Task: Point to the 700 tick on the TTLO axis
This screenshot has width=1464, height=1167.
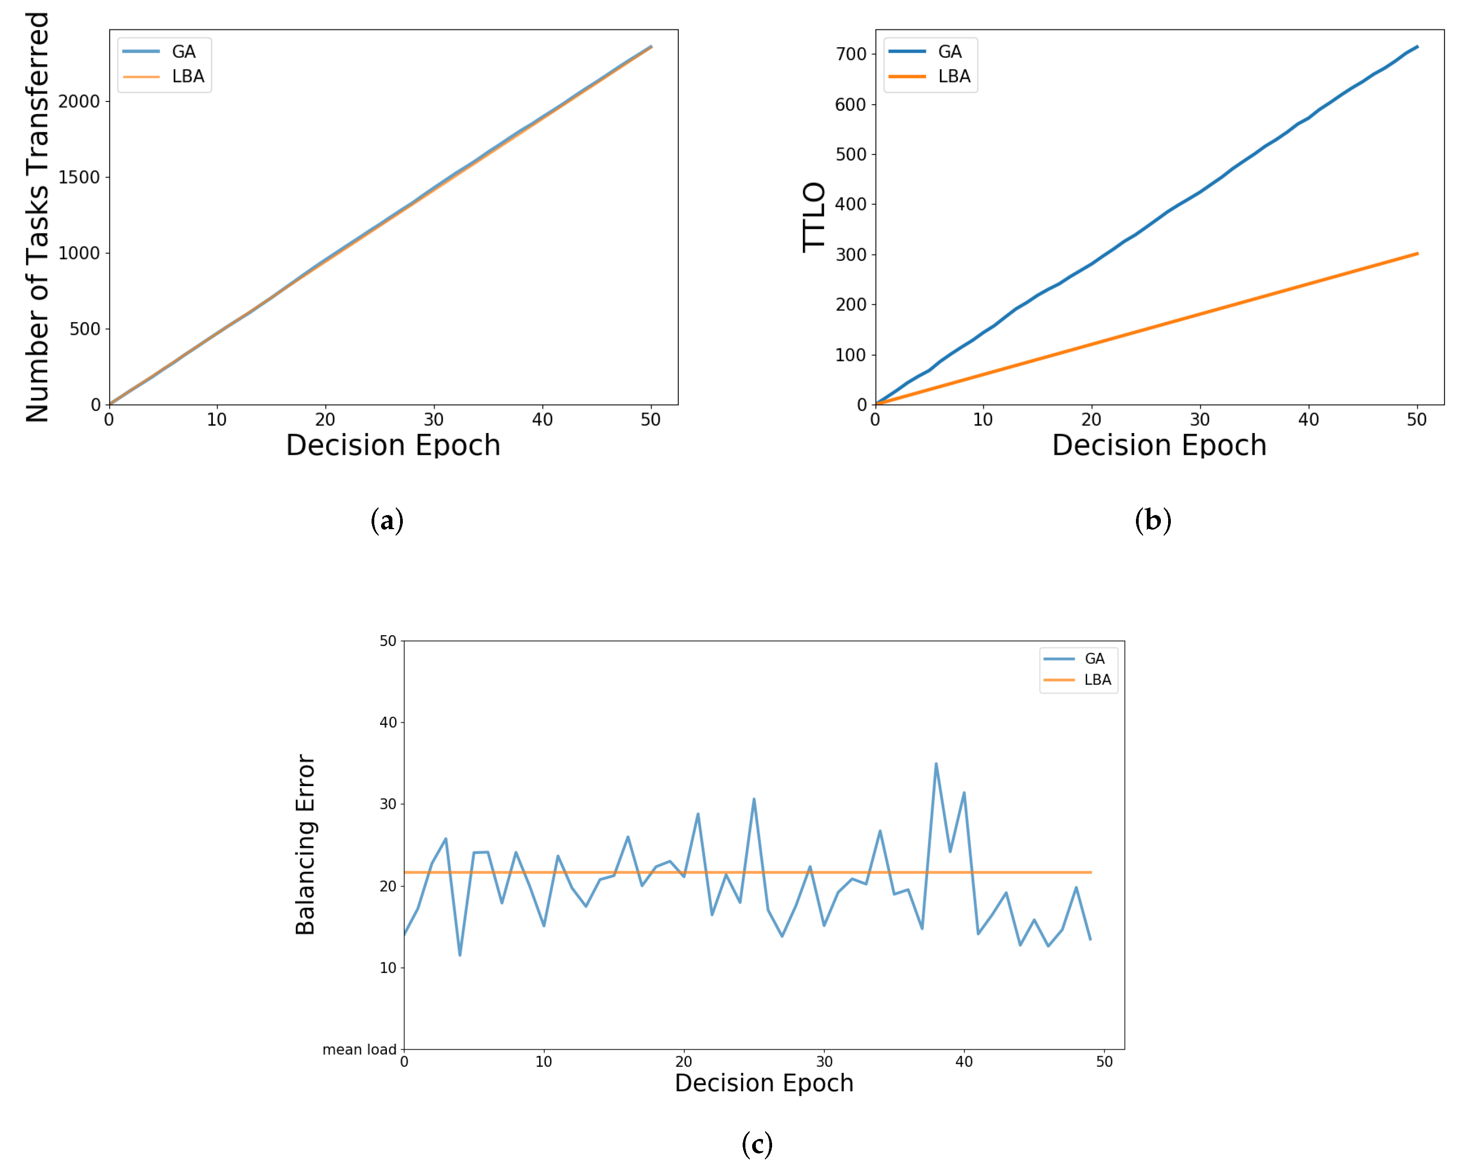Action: [851, 54]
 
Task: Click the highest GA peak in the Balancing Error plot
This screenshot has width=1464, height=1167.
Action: [936, 764]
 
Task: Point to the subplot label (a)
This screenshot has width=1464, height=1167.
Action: [387, 520]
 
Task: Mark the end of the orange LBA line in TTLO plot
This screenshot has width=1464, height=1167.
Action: [1417, 254]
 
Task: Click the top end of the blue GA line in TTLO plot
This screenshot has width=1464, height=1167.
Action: [1417, 47]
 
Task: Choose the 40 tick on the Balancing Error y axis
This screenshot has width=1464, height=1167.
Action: [388, 722]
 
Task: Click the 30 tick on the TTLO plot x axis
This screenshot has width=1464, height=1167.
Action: [1199, 420]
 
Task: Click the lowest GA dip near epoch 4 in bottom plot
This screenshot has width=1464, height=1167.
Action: [460, 955]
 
